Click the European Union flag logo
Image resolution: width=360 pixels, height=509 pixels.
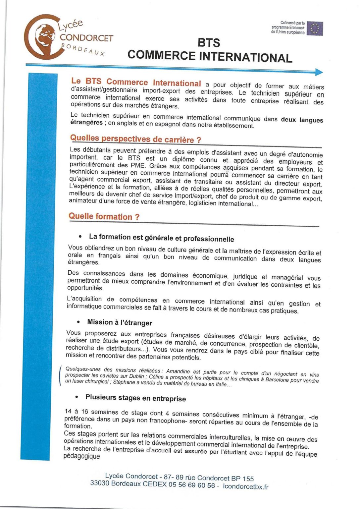point(315,28)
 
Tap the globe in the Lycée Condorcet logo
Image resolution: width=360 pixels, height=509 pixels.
point(46,36)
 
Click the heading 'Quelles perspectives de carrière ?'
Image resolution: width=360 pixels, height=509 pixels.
point(136,139)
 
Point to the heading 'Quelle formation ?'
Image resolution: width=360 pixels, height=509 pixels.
point(104,217)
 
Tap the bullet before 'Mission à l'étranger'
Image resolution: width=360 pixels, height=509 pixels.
point(78,322)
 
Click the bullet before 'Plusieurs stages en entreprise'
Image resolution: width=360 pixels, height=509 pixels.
point(77,397)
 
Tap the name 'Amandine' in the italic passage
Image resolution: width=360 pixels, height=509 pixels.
point(178,371)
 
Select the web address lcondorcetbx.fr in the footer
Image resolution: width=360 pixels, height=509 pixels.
point(246,486)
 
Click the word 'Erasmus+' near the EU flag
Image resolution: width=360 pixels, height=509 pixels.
point(297,28)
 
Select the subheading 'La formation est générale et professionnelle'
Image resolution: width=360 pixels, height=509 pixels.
point(161,238)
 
